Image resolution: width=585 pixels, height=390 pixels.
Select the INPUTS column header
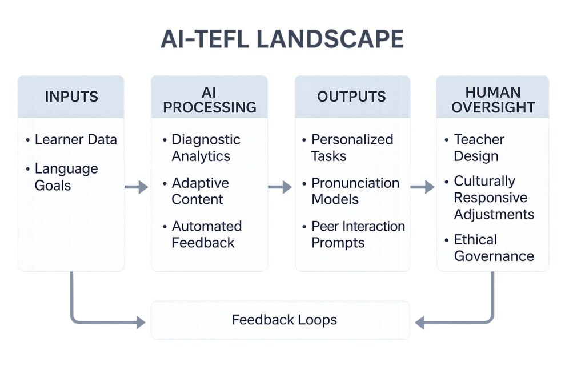pyautogui.click(x=71, y=97)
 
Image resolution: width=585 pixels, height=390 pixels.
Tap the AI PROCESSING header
pyautogui.click(x=209, y=99)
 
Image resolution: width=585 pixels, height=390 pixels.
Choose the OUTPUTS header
pyautogui.click(x=351, y=97)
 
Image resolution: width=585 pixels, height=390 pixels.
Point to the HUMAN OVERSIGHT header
pyautogui.click(x=492, y=99)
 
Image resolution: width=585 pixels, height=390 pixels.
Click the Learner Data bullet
pyautogui.click(x=75, y=140)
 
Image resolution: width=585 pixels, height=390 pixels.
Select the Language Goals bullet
pyautogui.click(x=66, y=177)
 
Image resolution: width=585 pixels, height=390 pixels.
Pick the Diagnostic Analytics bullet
pyautogui.click(x=205, y=148)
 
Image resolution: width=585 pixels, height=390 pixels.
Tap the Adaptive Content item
pyautogui.click(x=199, y=191)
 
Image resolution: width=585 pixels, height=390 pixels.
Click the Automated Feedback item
pyautogui.click(x=206, y=234)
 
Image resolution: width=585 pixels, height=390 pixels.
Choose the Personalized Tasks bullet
pyautogui.click(x=351, y=148)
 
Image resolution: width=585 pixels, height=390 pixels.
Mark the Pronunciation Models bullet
pyautogui.click(x=354, y=191)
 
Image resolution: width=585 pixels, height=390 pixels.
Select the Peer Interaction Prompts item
pyautogui.click(x=357, y=234)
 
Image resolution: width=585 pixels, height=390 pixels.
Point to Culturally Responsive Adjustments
pyautogui.click(x=493, y=198)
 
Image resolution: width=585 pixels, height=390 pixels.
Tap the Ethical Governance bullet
pyautogui.click(x=493, y=247)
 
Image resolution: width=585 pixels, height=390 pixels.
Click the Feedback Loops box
pyautogui.click(x=281, y=320)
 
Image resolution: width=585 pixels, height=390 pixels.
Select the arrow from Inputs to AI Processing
pyautogui.click(x=137, y=187)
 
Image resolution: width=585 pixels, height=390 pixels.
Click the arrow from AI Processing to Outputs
pyautogui.click(x=280, y=187)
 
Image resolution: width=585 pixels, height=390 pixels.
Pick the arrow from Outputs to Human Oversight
pyautogui.click(x=423, y=187)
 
